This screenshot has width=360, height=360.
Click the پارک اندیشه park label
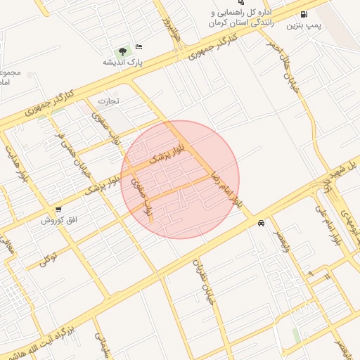click(x=124, y=63)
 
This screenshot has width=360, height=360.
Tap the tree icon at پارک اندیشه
click(x=124, y=51)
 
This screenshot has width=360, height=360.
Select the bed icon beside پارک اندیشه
click(x=138, y=46)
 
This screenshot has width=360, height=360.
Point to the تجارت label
click(x=108, y=101)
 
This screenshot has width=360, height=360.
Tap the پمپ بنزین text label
click(x=301, y=25)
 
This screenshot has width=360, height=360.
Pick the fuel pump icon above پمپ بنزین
click(x=303, y=14)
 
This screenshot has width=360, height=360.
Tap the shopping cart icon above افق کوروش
click(x=58, y=210)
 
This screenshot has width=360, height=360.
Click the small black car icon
click(x=261, y=223)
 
